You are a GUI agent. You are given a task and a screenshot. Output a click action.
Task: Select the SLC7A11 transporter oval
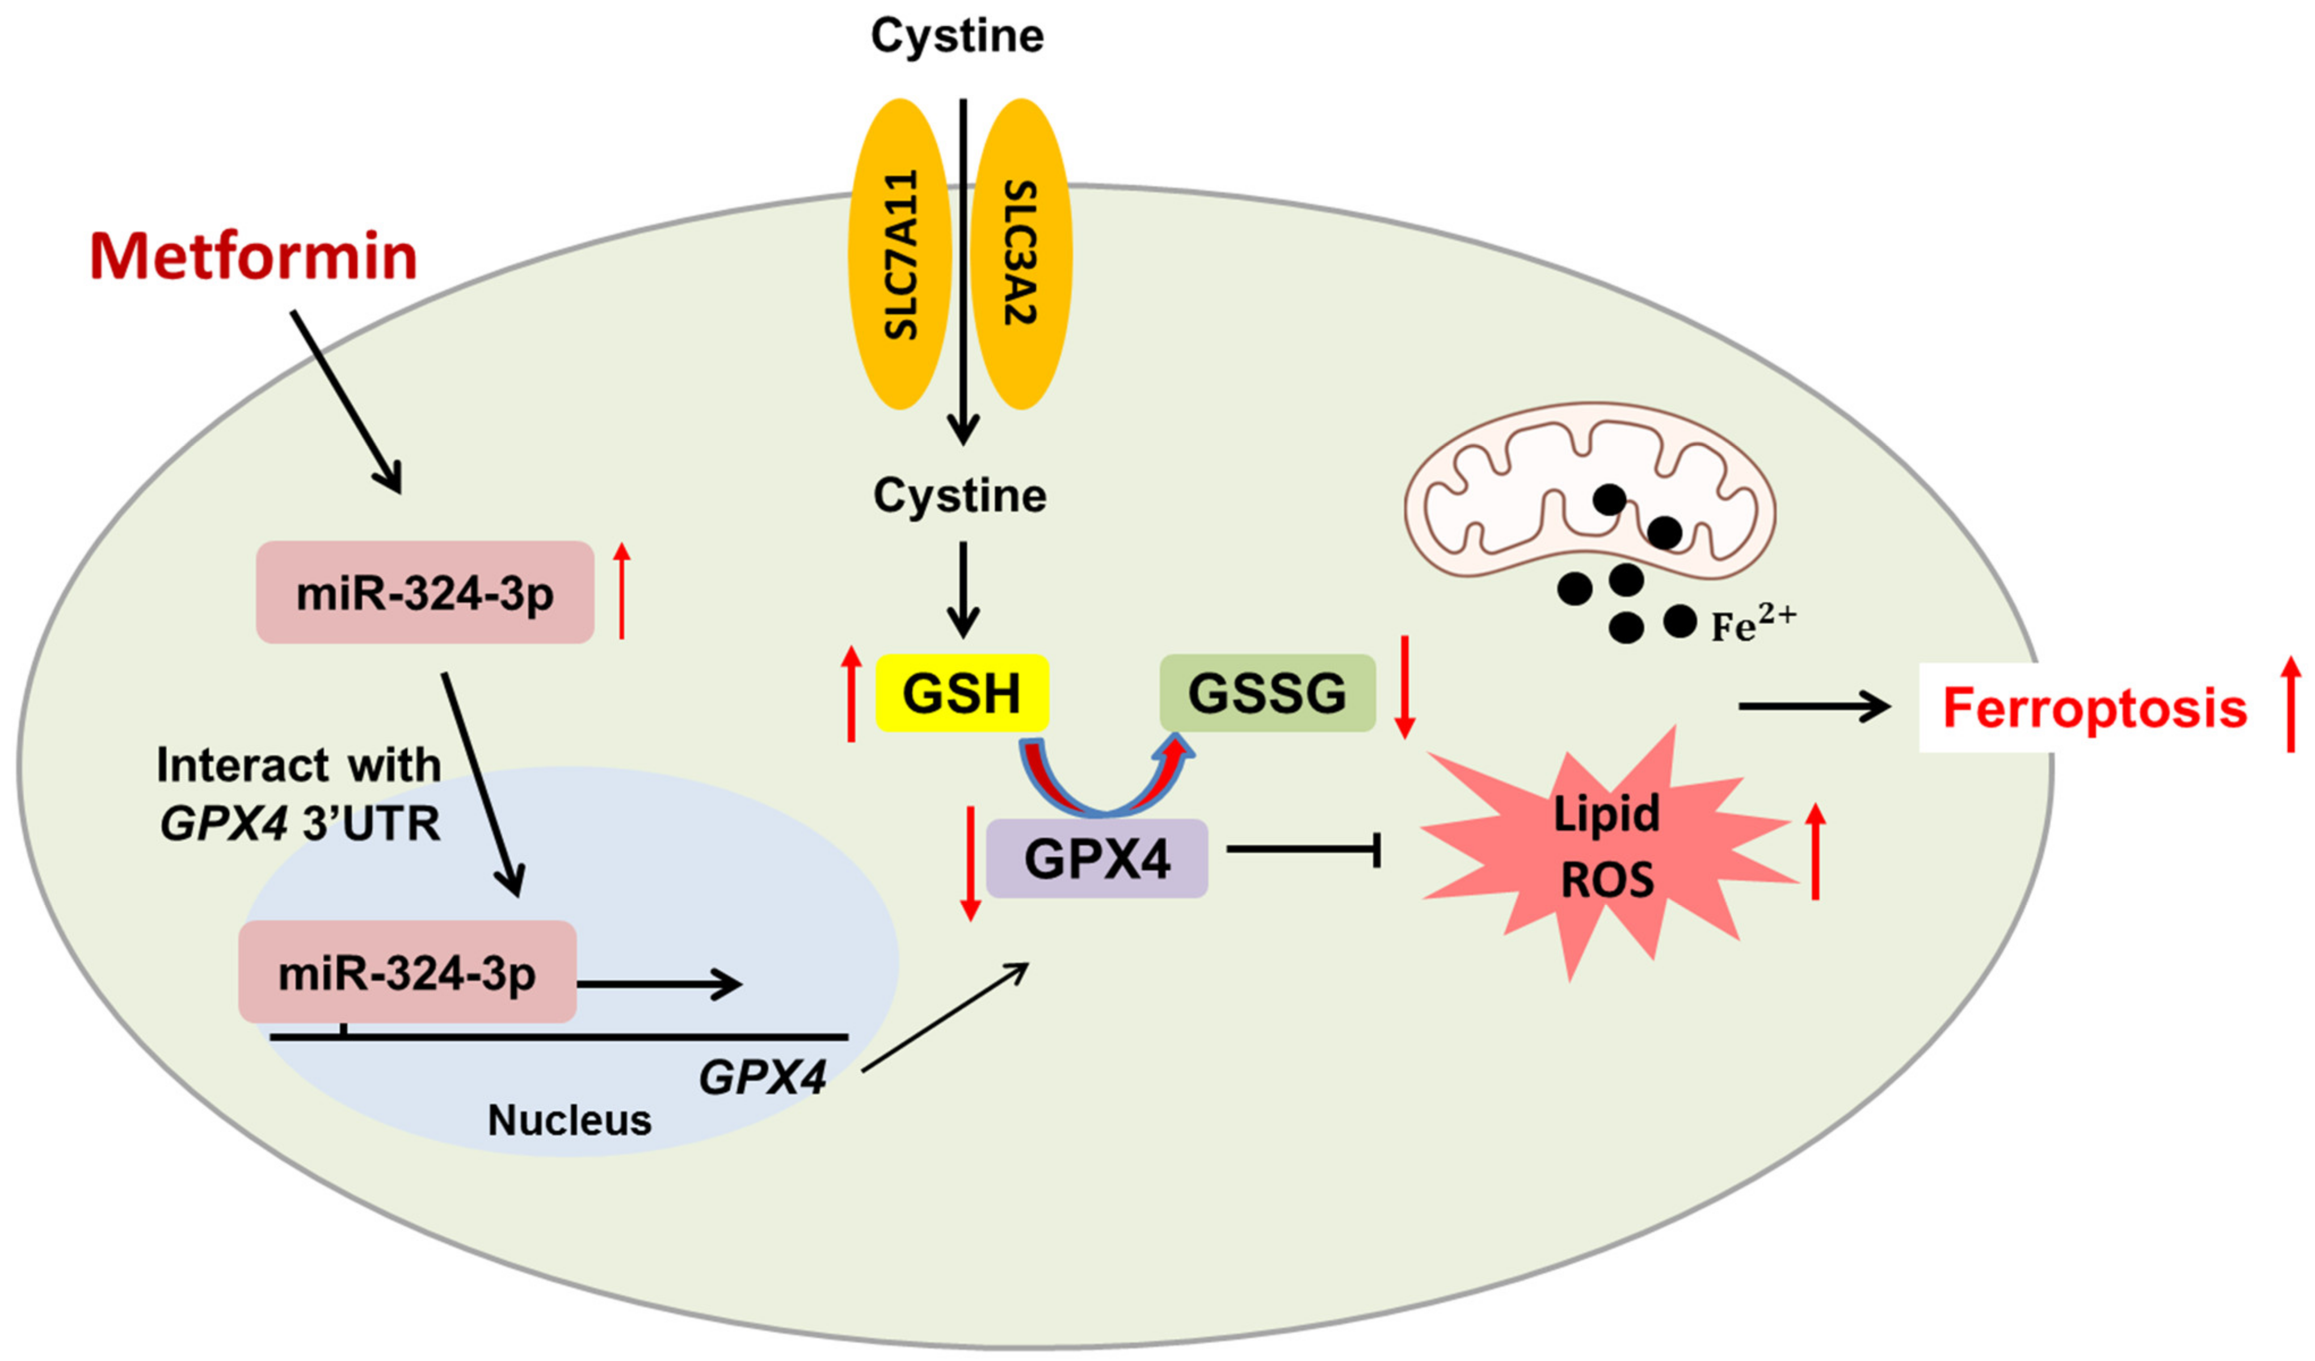(x=900, y=255)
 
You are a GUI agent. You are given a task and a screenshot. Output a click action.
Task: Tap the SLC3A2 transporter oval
(x=1021, y=255)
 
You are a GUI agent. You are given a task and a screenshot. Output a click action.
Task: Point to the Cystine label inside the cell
(x=960, y=496)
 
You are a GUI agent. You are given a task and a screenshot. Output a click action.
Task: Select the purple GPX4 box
(x=1097, y=859)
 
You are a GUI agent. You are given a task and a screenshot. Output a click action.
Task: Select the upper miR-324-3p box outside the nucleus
(x=426, y=593)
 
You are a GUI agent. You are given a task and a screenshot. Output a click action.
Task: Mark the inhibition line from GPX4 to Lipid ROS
(x=1304, y=849)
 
